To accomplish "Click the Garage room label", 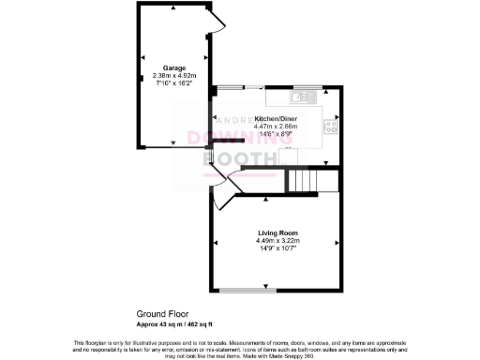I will [x=173, y=68].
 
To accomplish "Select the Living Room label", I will [x=277, y=232].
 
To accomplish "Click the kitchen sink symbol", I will [x=306, y=97].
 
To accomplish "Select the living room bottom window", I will [x=247, y=290].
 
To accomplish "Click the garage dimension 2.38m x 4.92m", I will [x=173, y=76].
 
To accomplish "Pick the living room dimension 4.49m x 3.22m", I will [x=277, y=239].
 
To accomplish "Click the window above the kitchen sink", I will [x=307, y=87].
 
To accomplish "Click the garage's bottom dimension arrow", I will [x=172, y=144].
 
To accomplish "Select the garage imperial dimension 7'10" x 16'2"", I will [x=173, y=83].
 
